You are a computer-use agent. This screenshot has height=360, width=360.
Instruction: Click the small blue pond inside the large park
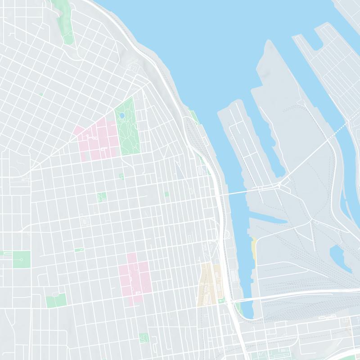[x=121, y=116]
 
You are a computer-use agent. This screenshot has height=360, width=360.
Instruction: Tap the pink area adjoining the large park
[x=96, y=139]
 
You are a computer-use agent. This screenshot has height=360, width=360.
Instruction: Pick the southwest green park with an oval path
[x=56, y=300]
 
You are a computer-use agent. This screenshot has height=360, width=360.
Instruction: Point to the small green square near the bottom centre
[x=144, y=338]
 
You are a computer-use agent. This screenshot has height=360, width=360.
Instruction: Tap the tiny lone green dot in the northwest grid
[x=40, y=94]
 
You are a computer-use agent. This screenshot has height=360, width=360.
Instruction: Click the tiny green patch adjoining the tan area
[x=220, y=300]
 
